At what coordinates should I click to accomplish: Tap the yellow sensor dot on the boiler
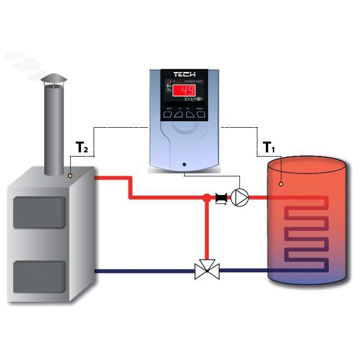coord(70,176)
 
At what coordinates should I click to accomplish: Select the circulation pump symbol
coord(241,197)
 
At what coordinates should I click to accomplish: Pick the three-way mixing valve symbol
coord(207,271)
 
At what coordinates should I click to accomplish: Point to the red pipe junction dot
coord(207,197)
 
